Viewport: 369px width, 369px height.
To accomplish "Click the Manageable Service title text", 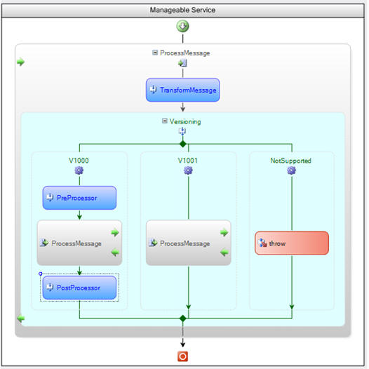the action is (x=182, y=10).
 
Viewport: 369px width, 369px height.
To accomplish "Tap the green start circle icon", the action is (x=182, y=26).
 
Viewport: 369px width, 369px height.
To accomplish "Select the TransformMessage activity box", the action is (x=182, y=90).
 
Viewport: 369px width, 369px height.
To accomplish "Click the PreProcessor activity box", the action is (x=79, y=198).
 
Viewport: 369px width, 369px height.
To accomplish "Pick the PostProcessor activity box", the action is (x=79, y=288).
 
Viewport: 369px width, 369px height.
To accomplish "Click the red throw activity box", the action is (x=292, y=243).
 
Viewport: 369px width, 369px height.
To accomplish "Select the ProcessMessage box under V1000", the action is (x=79, y=243).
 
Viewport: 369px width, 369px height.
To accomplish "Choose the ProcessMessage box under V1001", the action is (x=189, y=243).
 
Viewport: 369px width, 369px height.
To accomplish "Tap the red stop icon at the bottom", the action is (x=182, y=356).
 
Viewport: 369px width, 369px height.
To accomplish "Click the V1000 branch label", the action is (x=79, y=161).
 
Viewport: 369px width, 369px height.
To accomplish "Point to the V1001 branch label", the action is (x=187, y=161).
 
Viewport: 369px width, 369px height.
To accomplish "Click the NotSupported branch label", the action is (x=291, y=161).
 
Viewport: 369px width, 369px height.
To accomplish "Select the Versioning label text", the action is (x=185, y=121).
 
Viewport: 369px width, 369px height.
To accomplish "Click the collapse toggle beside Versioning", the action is (x=165, y=121).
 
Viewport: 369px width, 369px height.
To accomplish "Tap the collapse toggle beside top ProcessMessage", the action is (x=155, y=53).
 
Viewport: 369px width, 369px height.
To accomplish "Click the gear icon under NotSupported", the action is (x=291, y=170).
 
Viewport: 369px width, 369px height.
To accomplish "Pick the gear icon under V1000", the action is (x=79, y=170).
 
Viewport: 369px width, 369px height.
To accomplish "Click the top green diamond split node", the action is (x=183, y=144).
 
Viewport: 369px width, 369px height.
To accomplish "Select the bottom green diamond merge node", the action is (x=183, y=318).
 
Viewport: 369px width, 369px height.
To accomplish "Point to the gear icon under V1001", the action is (x=188, y=170).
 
